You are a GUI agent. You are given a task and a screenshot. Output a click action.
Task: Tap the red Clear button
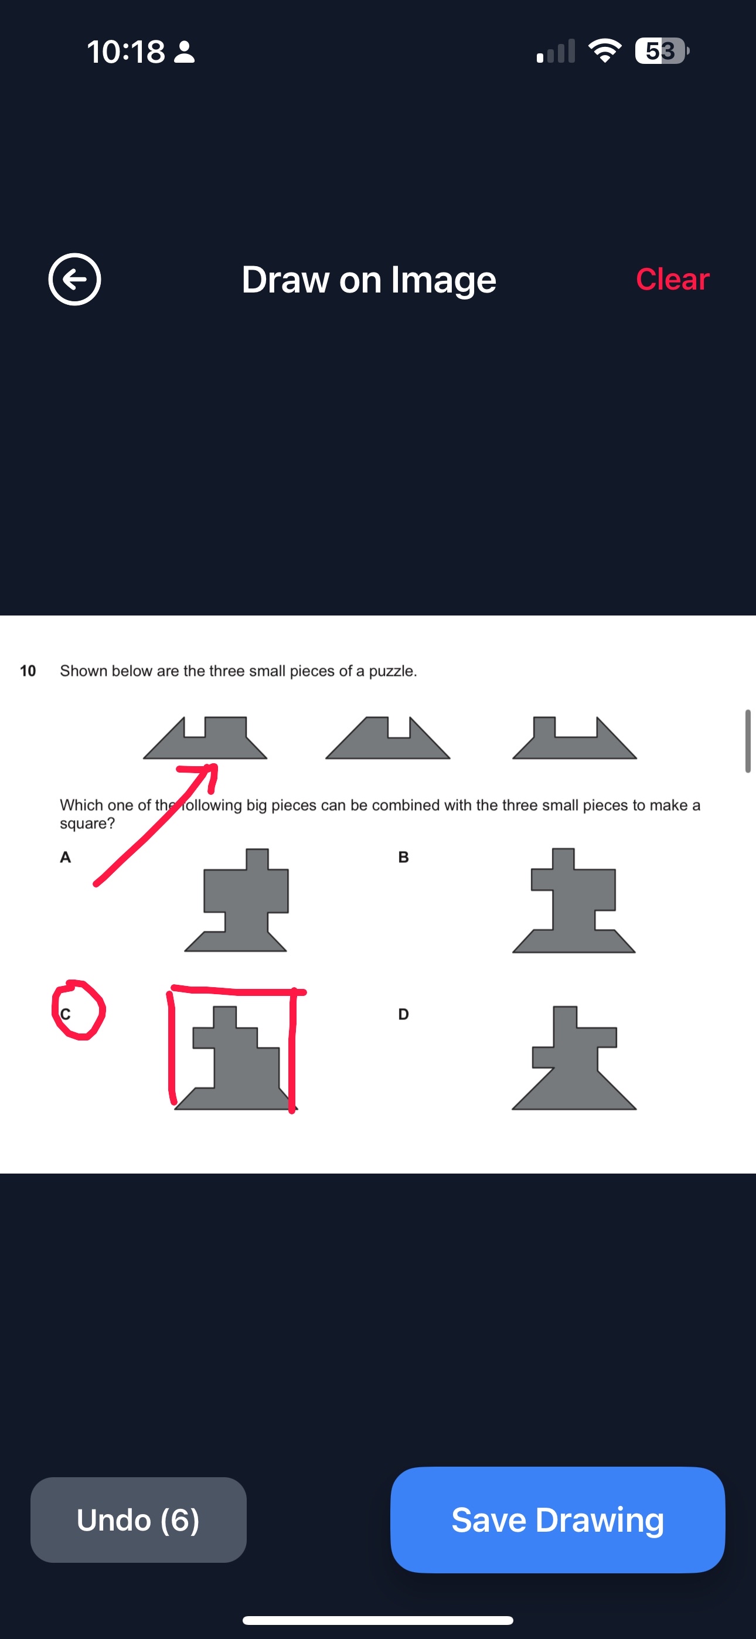pos(673,278)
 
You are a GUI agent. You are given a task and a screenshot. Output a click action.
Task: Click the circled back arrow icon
pos(74,279)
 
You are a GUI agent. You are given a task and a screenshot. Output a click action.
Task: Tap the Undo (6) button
pos(138,1519)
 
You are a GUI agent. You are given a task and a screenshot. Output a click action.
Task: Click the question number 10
pos(28,671)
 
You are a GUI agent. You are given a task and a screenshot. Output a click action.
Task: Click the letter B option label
pos(403,857)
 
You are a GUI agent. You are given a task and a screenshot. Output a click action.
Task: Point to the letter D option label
pos(403,1014)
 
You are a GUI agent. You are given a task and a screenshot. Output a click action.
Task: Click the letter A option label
pos(65,857)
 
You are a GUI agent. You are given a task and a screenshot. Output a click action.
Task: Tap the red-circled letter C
pos(66,1014)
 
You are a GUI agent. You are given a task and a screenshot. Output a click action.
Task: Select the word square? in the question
pos(87,824)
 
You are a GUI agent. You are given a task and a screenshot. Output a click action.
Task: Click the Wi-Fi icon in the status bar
pos(605,51)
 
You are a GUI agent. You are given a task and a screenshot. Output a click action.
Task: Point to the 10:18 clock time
pos(126,52)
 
